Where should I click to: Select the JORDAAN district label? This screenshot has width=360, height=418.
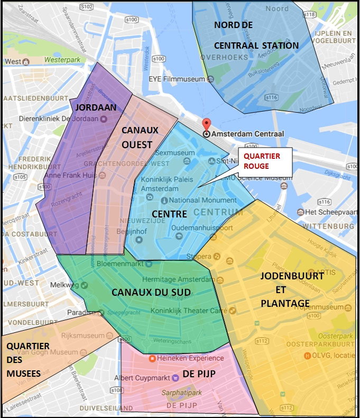pos(96,107)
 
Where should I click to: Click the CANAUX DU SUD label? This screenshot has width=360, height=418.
pos(151,292)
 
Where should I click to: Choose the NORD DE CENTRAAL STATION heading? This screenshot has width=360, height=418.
pos(256,35)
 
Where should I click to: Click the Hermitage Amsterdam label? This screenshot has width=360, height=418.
pos(174,279)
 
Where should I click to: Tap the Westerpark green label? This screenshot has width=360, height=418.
pos(62,60)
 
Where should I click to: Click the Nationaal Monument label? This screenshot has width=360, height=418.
pos(204,201)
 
